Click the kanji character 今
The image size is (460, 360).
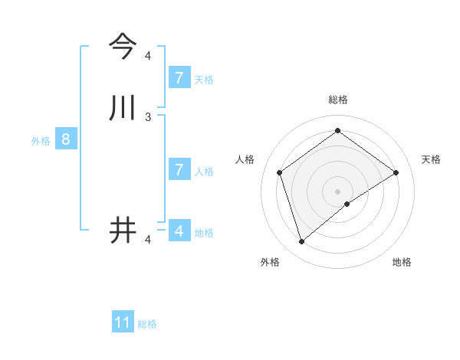pos(123,46)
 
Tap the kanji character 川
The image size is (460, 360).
pos(123,107)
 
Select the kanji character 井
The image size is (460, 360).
pos(123,230)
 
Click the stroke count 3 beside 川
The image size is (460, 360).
pos(148,117)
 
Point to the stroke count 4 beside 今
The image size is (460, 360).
pos(148,56)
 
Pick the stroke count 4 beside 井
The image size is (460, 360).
pos(148,241)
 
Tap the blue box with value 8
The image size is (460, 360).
pos(66,139)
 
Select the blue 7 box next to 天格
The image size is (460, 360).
pos(179,77)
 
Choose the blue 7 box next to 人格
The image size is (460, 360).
pos(179,169)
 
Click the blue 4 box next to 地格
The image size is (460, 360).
pos(179,231)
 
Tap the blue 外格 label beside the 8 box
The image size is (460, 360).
pos(41,141)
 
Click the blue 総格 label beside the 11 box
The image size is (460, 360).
pos(147,324)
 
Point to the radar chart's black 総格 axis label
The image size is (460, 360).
pos(338,100)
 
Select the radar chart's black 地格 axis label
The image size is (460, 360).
pos(402,262)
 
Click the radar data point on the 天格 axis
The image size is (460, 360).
pos(396,172)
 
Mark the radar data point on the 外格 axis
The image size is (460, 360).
pos(302,242)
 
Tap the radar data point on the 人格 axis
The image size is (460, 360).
pos(280,172)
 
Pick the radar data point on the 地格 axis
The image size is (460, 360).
pos(347,204)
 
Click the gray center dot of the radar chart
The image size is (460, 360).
pos(338,191)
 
